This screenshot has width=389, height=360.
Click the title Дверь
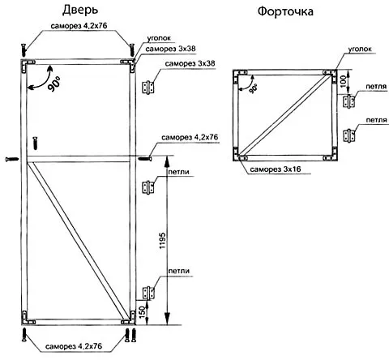pyautogui.click(x=80, y=10)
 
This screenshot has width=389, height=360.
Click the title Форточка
pyautogui.click(x=285, y=11)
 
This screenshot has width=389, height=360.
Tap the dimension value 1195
pyautogui.click(x=162, y=240)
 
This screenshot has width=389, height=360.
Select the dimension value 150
pyautogui.click(x=143, y=311)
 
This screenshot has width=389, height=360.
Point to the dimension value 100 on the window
pyautogui.click(x=343, y=81)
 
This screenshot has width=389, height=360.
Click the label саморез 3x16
pyautogui.click(x=276, y=169)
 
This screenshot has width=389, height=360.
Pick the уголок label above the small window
pyautogui.click(x=360, y=49)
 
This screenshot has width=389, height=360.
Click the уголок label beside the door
pyautogui.click(x=159, y=38)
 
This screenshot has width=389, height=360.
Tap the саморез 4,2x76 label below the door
pyautogui.click(x=74, y=346)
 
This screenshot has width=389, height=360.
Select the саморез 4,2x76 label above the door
pyautogui.click(x=79, y=26)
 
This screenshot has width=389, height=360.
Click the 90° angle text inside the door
pyautogui.click(x=53, y=84)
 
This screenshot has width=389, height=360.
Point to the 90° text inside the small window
pyautogui.click(x=254, y=88)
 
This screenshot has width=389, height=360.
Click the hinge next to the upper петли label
pyautogui.click(x=148, y=187)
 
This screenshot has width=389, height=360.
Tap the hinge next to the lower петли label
pyautogui.click(x=148, y=293)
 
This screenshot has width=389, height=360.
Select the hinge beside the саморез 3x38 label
pyautogui.click(x=148, y=87)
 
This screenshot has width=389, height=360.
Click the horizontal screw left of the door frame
pyautogui.click(x=12, y=159)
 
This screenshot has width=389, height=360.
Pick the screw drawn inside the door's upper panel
pyautogui.click(x=35, y=144)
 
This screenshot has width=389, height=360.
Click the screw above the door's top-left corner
pyautogui.click(x=24, y=50)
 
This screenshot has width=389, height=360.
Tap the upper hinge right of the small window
pyautogui.click(x=348, y=101)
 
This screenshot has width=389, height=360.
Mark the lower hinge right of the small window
pyautogui.click(x=348, y=135)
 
